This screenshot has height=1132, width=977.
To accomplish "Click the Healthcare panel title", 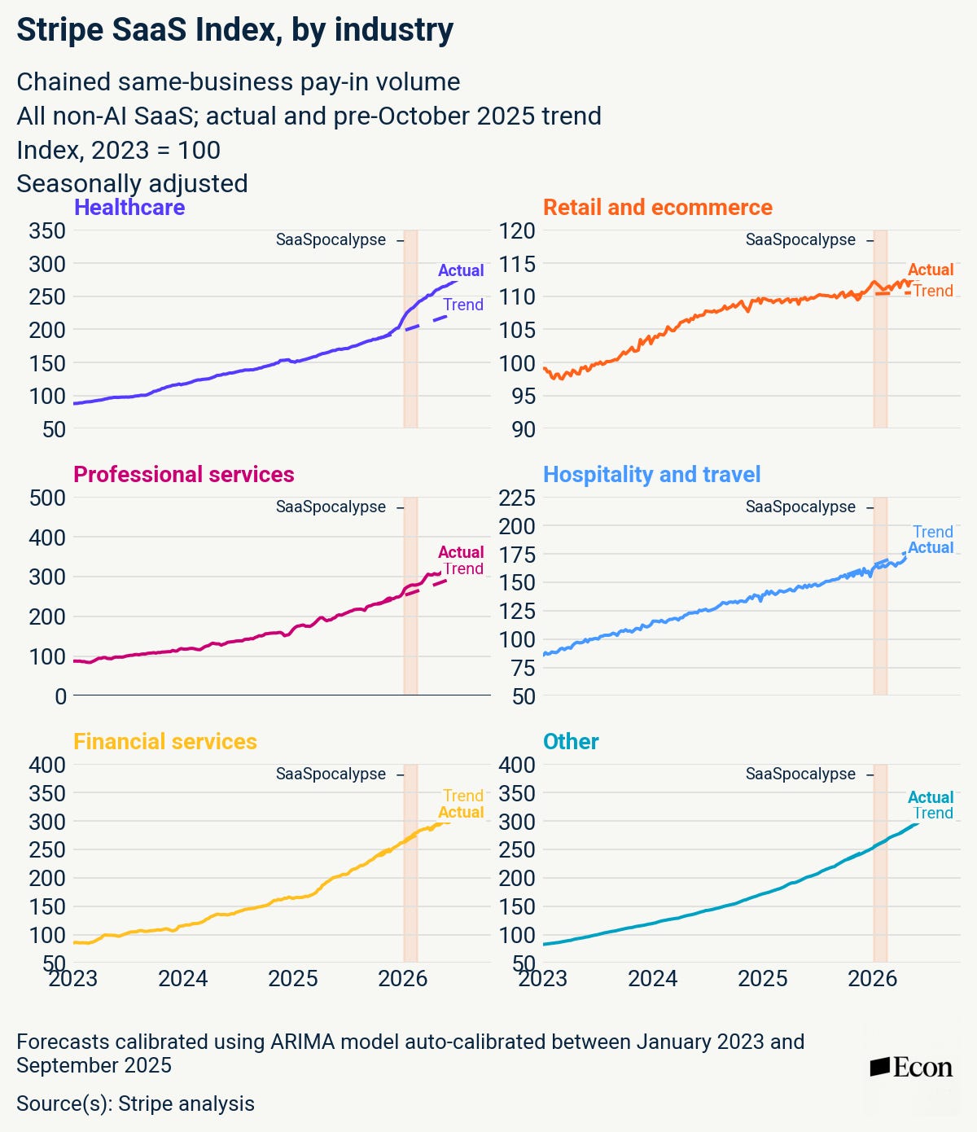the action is (129, 208).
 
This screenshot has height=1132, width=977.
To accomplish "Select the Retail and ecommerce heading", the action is (658, 208).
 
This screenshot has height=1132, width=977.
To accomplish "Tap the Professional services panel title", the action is (183, 474).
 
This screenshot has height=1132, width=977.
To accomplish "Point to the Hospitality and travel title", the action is (651, 474).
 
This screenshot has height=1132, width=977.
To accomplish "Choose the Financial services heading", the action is (164, 742).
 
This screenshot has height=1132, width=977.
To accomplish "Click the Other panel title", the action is (571, 742).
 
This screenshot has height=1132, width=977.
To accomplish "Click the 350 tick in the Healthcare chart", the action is (47, 231).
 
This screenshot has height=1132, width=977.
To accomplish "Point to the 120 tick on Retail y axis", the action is (516, 231).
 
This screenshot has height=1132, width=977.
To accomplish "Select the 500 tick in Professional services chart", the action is (47, 498).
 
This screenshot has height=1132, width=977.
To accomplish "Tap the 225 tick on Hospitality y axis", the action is (516, 498).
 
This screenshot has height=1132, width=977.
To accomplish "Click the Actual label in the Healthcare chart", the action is (461, 270).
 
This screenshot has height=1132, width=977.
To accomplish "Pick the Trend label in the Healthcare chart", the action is (463, 305).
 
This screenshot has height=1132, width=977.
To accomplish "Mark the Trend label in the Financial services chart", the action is (463, 795).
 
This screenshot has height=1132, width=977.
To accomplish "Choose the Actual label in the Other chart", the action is (931, 796).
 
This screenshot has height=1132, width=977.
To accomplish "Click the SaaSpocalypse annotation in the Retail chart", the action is (800, 240).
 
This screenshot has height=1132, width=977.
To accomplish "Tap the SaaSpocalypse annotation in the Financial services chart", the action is (331, 774).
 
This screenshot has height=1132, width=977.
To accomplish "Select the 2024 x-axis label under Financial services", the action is (183, 979).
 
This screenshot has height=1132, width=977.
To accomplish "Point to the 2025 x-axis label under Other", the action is (762, 979).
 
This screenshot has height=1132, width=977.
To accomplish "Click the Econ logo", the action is (911, 1068).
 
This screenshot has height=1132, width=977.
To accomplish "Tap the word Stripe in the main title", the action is (60, 29).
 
